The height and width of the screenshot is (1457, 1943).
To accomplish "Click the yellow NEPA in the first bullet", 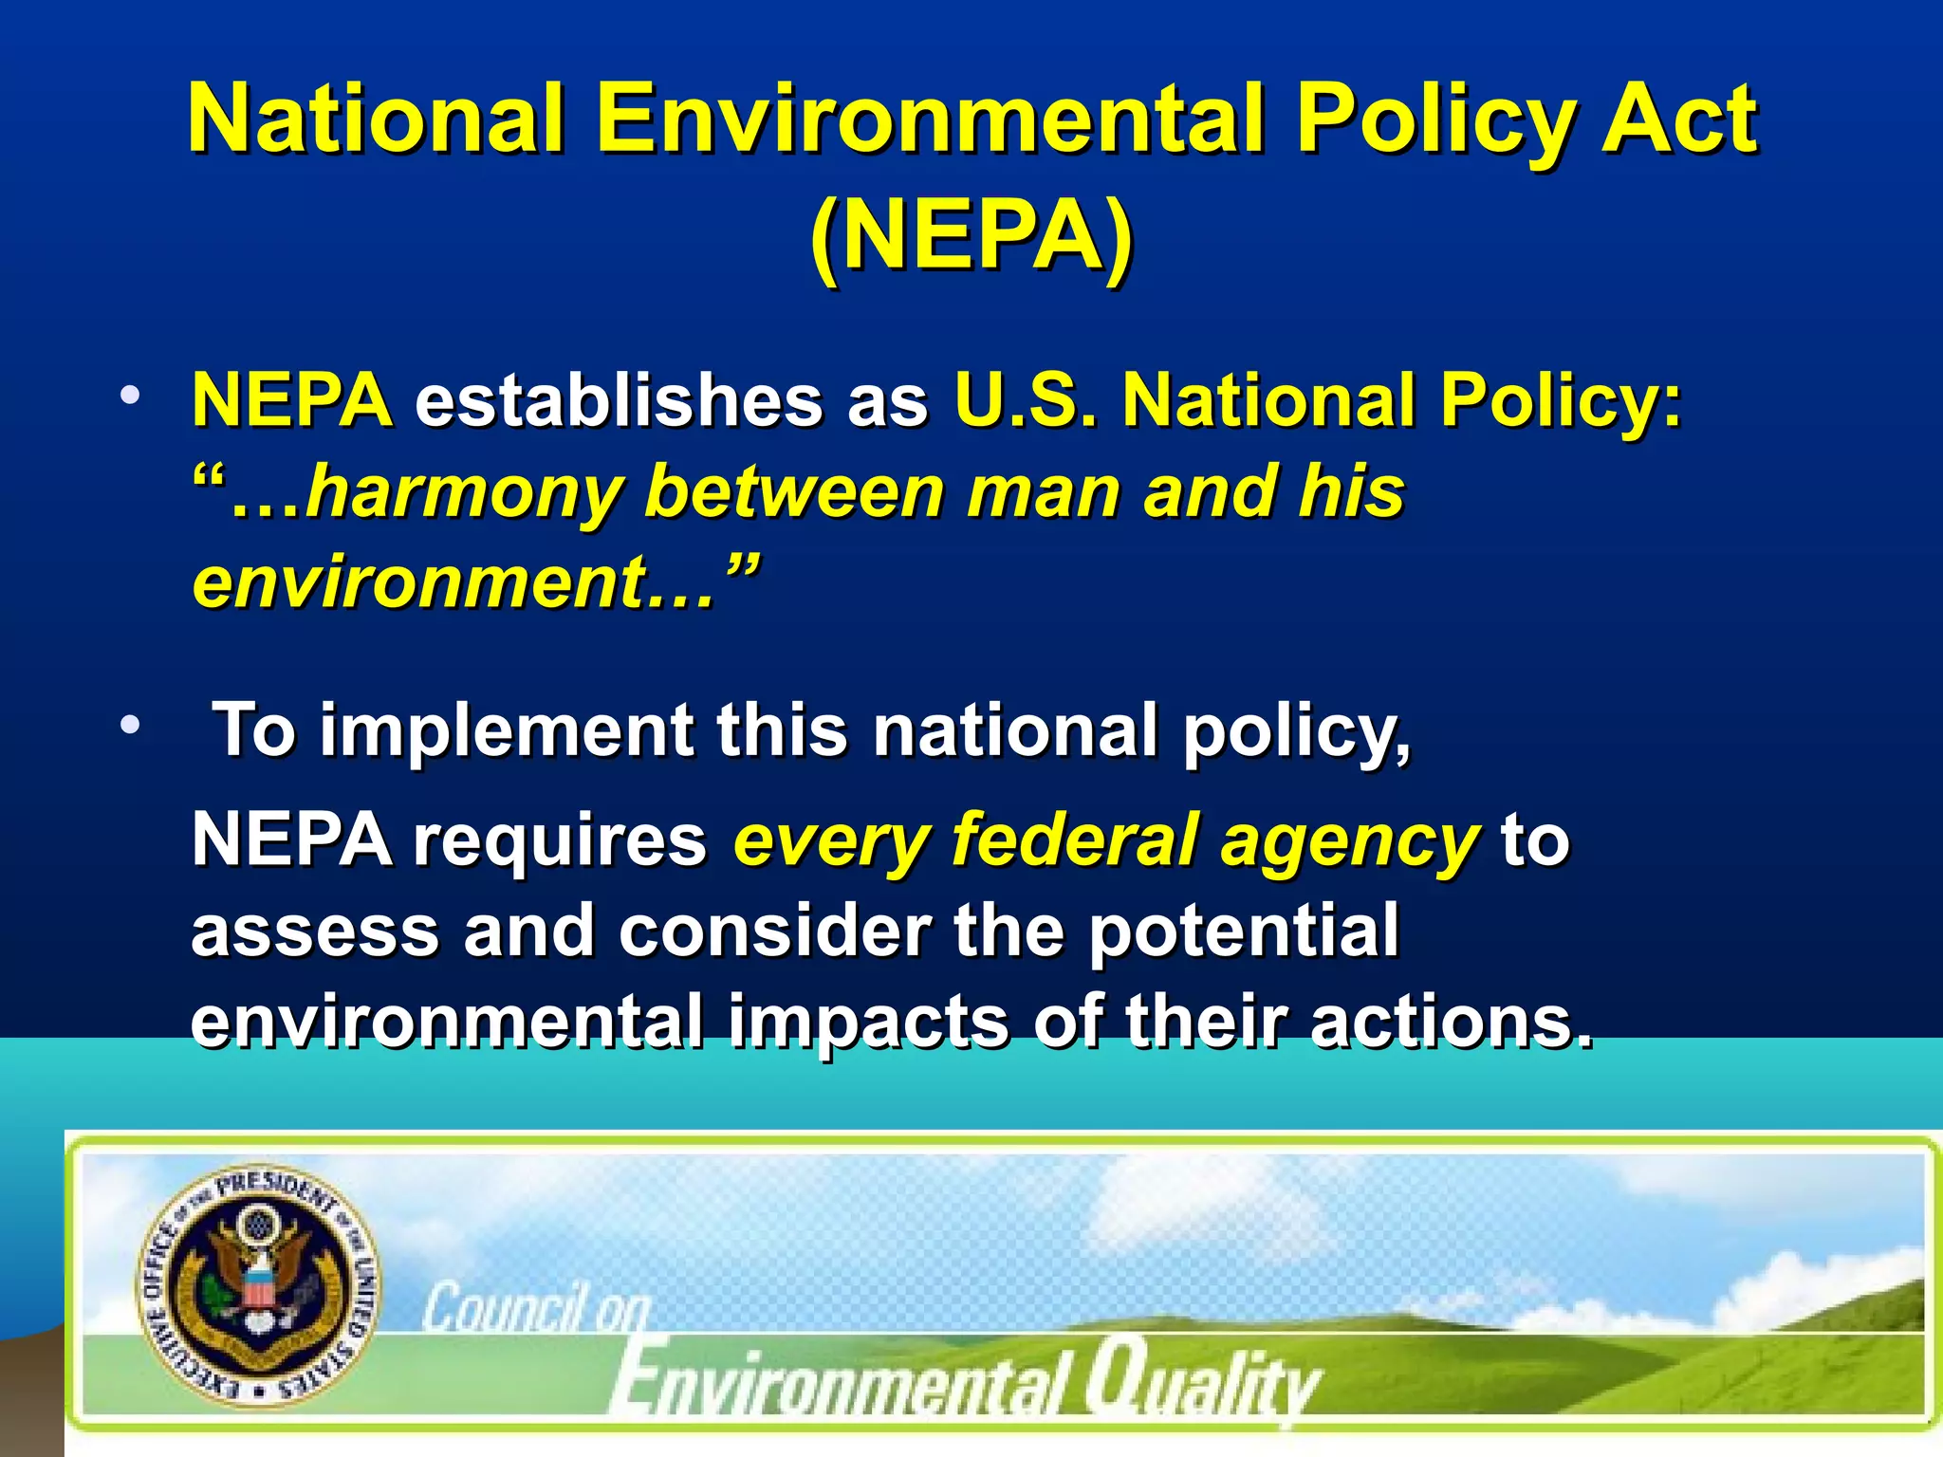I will coord(292,399).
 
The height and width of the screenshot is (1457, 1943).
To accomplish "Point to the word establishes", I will coord(619,399).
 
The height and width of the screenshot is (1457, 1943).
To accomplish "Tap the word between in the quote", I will coord(794,491).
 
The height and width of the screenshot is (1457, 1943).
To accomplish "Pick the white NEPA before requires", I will coord(292,839).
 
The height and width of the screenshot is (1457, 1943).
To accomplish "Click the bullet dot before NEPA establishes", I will coord(130,394).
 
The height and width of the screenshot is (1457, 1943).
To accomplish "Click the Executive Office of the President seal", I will coord(257,1286).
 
